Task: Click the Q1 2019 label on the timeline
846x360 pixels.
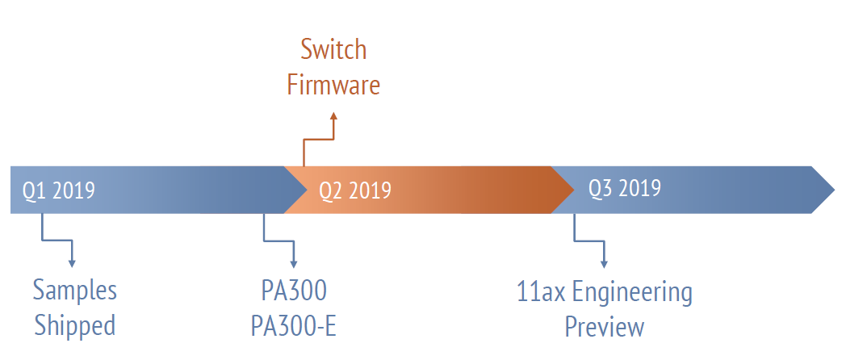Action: pos(59,190)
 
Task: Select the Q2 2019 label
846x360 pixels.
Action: pos(355,190)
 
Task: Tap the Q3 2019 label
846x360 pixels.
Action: pos(625,188)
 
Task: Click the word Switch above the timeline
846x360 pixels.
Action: pos(333,50)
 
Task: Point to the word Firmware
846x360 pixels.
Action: pos(333,85)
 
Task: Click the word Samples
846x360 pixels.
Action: pos(74,291)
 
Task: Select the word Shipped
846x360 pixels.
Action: pos(74,325)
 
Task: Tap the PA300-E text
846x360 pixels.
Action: pos(294,326)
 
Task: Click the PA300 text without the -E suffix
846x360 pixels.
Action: pos(294,291)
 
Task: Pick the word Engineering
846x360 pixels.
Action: pos(632,293)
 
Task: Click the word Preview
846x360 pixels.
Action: pos(605,327)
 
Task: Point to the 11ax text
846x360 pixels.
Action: pos(541,291)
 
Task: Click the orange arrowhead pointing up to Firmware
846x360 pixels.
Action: pos(334,115)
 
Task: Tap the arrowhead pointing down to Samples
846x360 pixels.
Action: pos(72,263)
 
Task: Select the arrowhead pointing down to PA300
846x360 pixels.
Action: pos(294,264)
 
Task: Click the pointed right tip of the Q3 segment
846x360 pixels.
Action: pos(834,190)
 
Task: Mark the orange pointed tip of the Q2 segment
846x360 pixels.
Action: pos(573,190)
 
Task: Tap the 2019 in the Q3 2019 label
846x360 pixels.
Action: pos(640,188)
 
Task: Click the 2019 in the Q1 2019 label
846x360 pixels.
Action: pos(74,190)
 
